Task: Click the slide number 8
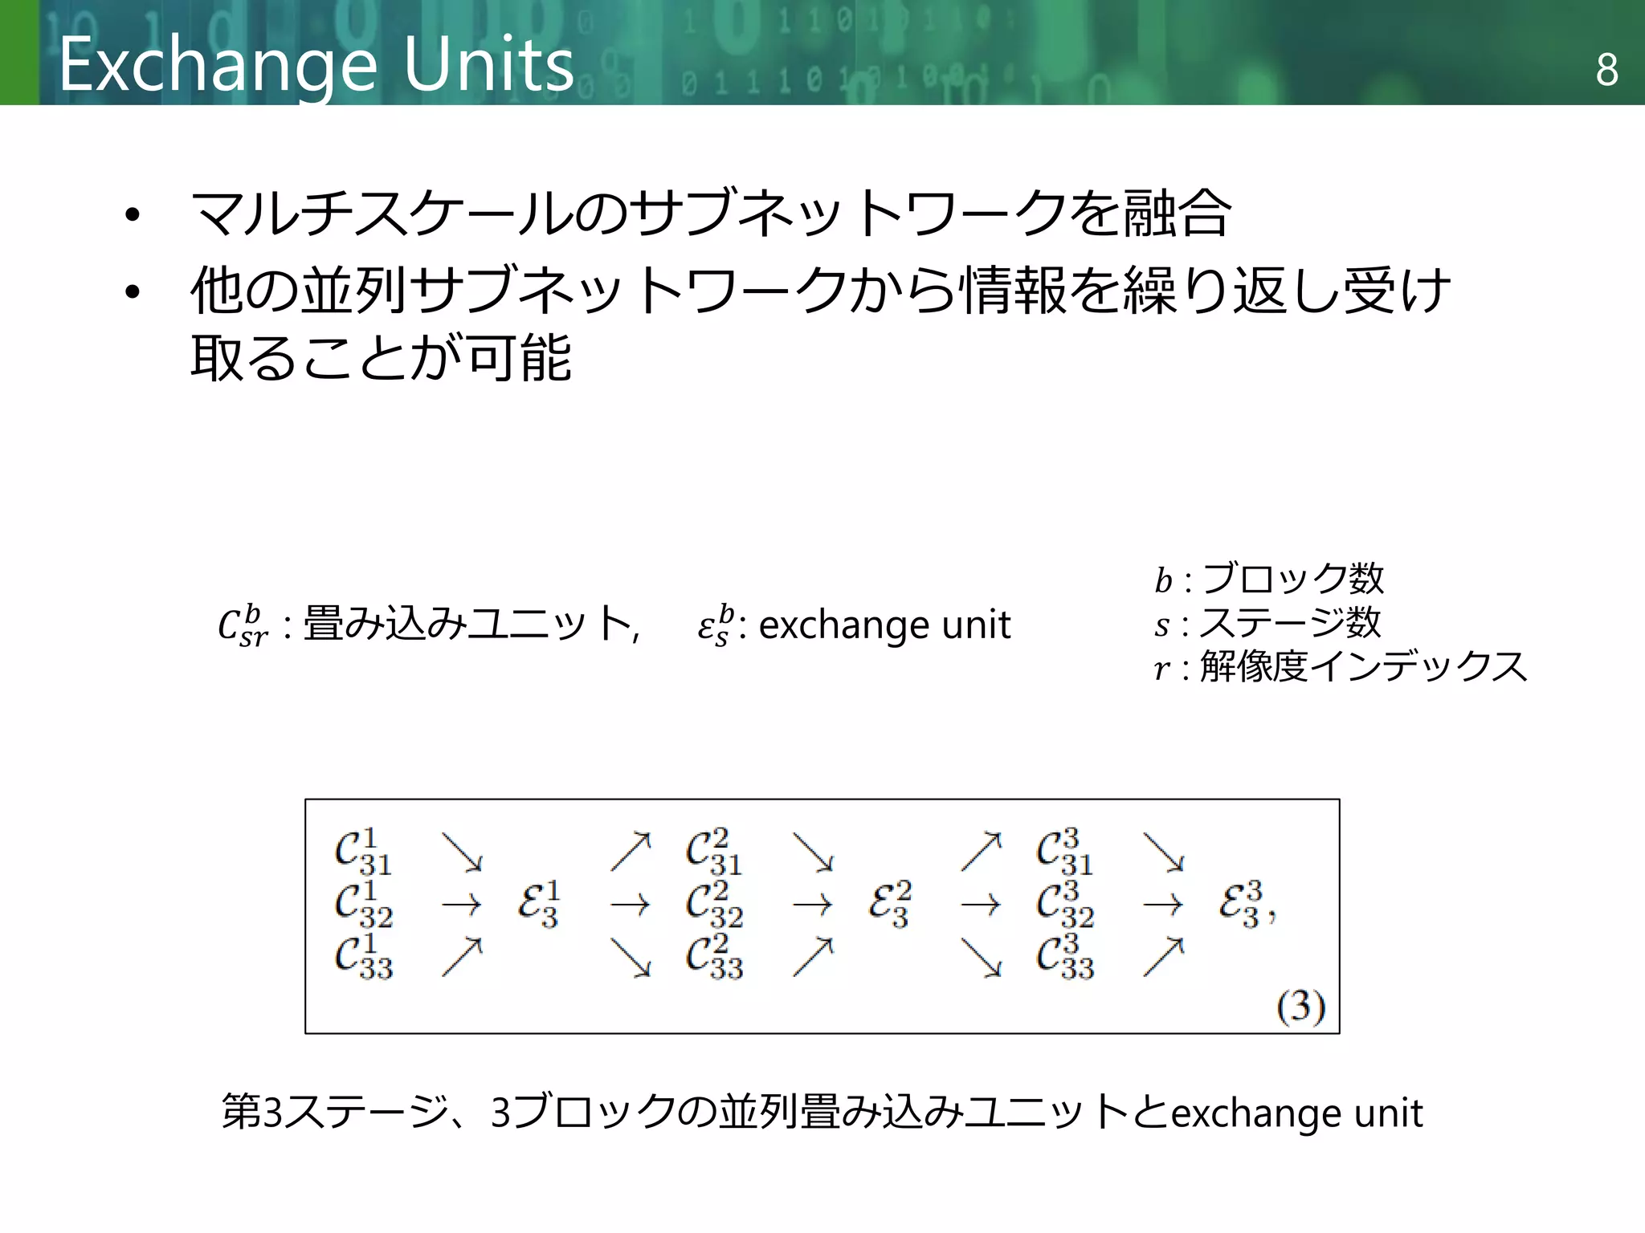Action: click(x=1606, y=70)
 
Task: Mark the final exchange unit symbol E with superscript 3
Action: click(x=1242, y=905)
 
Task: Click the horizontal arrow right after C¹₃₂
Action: click(x=462, y=905)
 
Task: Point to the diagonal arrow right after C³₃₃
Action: click(x=1164, y=957)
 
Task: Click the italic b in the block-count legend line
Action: click(x=1163, y=580)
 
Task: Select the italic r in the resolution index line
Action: click(x=1162, y=668)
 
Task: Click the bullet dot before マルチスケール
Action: click(x=133, y=215)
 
